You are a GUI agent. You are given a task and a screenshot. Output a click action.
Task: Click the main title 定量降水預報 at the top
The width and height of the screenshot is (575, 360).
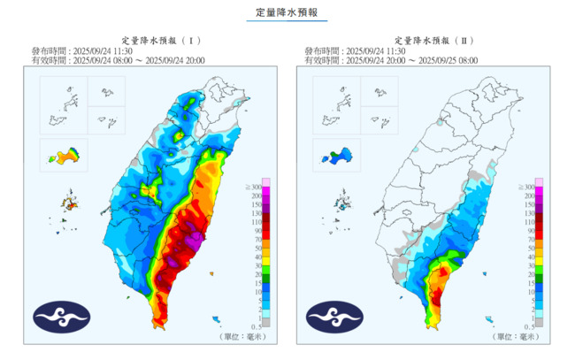[x=286, y=13]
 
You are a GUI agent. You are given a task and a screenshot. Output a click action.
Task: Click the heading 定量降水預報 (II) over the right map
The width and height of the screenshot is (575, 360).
[x=435, y=40]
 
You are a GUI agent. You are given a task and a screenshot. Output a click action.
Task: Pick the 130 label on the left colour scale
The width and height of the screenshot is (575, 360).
[x=255, y=213]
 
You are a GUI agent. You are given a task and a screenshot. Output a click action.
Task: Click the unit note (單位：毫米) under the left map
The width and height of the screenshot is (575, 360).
[x=242, y=337]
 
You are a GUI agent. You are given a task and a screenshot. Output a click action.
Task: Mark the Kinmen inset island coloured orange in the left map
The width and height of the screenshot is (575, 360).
[x=65, y=157]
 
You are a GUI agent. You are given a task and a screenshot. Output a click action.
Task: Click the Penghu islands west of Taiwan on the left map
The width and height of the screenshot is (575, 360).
[x=67, y=204]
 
